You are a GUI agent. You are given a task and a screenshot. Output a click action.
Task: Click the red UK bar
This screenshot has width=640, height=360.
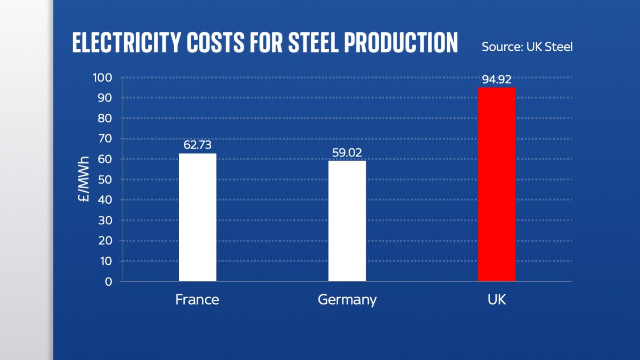click(496, 184)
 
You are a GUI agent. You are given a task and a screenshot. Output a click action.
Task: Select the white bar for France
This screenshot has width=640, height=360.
click(197, 217)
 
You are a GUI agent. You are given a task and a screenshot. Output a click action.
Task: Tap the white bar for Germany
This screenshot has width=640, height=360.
click(347, 221)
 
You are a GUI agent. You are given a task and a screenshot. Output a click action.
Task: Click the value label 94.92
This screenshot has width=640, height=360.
click(496, 79)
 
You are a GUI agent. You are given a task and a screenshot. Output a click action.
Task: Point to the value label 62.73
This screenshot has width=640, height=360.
click(197, 145)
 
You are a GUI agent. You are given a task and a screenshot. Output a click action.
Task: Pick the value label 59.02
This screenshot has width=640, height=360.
click(347, 152)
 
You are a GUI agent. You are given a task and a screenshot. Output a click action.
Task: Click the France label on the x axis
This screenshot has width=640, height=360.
click(197, 300)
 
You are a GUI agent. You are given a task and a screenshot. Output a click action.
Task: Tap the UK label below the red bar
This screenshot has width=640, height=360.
click(496, 300)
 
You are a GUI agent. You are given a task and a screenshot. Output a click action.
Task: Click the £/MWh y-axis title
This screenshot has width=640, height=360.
click(83, 179)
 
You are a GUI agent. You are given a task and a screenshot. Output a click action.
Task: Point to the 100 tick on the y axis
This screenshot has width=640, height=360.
click(102, 78)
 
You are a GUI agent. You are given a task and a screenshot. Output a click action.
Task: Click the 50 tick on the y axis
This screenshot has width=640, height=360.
click(105, 180)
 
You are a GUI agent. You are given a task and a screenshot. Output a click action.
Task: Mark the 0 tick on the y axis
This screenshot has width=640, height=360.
click(108, 282)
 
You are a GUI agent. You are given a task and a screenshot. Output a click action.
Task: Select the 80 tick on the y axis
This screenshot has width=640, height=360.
click(105, 118)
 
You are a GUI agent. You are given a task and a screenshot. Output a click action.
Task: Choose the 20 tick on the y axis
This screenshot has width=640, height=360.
click(105, 241)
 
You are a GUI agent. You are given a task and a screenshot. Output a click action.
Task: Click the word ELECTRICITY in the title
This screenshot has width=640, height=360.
click(126, 43)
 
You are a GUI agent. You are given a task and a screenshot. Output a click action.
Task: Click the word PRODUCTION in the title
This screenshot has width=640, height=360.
click(400, 43)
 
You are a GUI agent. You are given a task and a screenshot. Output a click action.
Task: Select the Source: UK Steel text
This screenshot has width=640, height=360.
click(527, 47)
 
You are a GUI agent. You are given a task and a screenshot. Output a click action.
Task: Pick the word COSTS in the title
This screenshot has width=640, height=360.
click(215, 43)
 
